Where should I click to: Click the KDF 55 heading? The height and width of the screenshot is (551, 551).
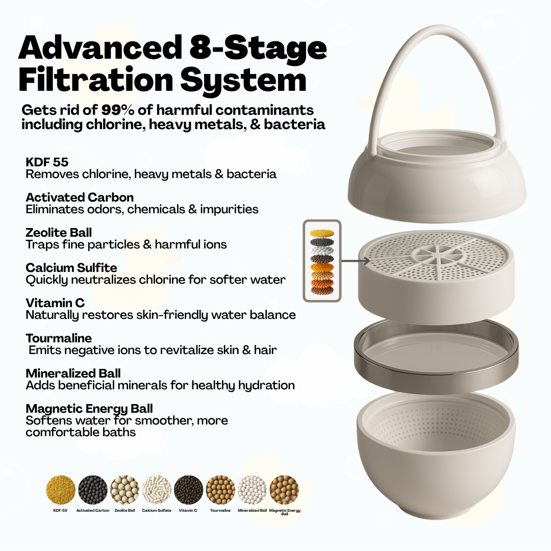47,162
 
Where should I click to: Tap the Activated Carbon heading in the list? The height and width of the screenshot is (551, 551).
80,197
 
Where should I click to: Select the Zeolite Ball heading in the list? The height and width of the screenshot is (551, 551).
59,233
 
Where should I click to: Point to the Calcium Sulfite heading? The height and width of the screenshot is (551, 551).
71,268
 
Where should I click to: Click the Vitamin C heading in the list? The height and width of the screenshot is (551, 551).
55,303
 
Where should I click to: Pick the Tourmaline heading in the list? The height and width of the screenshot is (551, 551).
59,338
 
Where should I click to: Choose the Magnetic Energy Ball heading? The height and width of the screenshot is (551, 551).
89,409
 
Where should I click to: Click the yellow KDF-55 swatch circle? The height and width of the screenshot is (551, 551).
60,490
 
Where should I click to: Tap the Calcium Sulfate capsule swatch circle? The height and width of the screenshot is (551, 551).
157,490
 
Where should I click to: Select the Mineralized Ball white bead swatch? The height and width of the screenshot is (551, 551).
252,490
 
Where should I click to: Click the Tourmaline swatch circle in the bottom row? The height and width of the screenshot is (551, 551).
220,490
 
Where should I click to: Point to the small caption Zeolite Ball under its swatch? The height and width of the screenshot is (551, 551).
124,510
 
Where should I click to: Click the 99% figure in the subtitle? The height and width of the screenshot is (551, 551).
117,110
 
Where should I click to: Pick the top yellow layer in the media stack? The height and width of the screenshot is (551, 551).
322,233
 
